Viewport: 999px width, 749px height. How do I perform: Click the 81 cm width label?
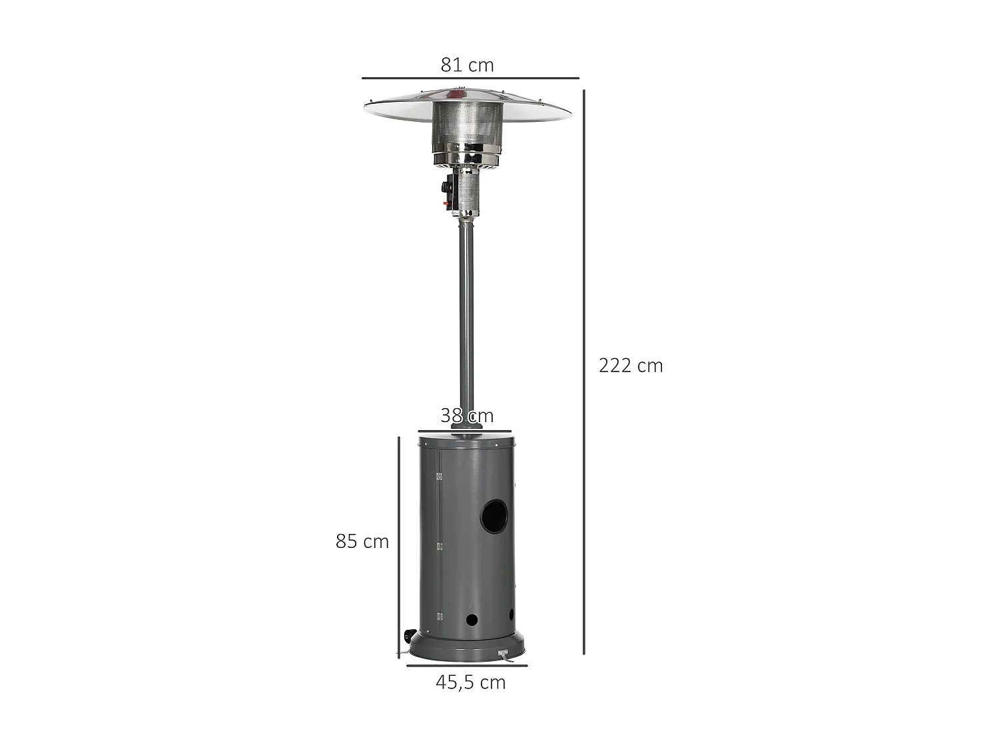(x=467, y=65)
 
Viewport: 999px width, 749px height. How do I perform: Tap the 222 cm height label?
(x=630, y=366)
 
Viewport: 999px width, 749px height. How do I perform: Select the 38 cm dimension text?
(x=467, y=415)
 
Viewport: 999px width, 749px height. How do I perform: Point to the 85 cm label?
(x=362, y=541)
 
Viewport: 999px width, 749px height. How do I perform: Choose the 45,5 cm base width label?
(x=470, y=682)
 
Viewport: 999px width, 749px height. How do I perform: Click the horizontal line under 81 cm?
(x=470, y=79)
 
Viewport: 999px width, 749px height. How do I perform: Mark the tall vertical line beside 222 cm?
(x=584, y=373)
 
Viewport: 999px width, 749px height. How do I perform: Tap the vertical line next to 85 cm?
(x=398, y=546)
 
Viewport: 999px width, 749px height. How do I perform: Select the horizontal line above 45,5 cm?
(x=467, y=665)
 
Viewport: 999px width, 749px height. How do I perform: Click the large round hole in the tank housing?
(x=494, y=517)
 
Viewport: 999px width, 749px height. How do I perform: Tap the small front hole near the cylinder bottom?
(x=472, y=619)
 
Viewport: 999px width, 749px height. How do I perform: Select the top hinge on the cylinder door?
(x=439, y=476)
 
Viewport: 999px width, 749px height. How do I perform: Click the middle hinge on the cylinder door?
(x=439, y=546)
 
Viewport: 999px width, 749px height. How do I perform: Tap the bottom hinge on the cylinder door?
(x=439, y=617)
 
